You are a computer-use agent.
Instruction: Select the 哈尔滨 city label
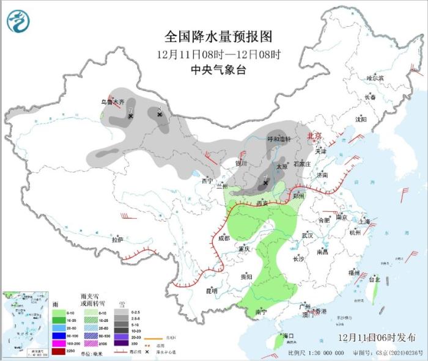pyautogui.click(x=375, y=79)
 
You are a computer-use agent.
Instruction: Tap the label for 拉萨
pyautogui.click(x=117, y=239)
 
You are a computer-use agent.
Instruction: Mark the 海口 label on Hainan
pyautogui.click(x=287, y=336)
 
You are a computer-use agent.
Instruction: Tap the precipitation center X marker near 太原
pyautogui.click(x=265, y=182)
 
